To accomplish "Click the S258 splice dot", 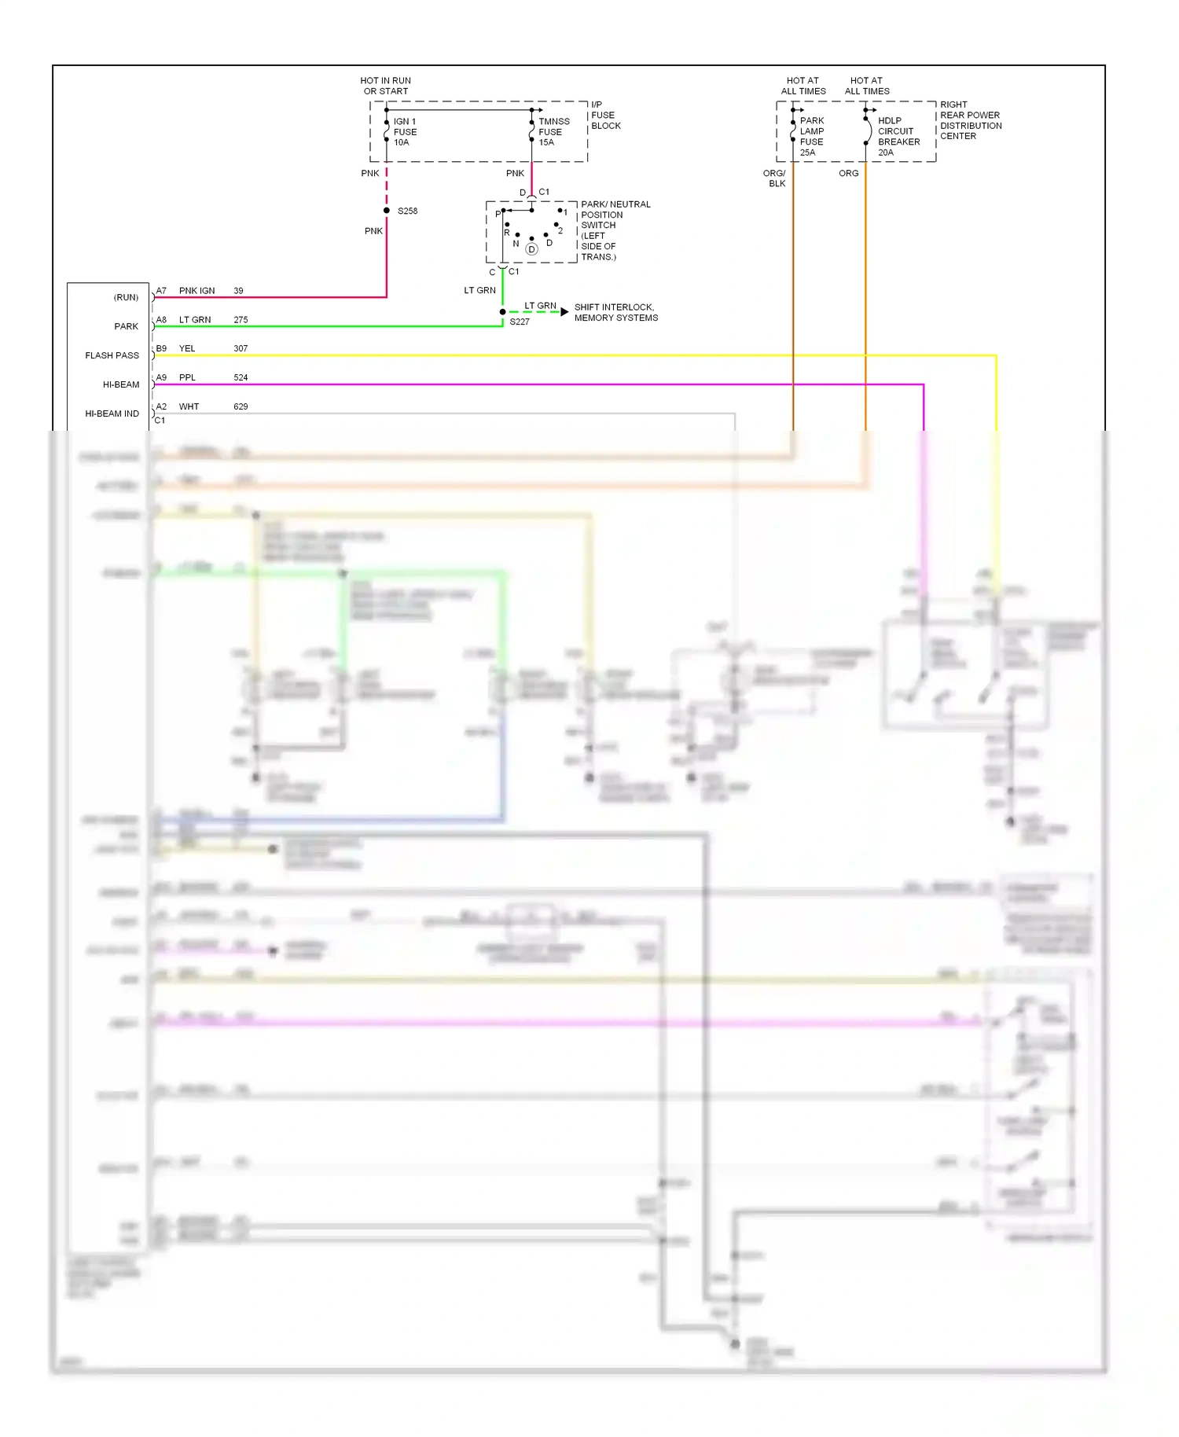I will pos(387,211).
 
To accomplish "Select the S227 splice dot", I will pos(503,312).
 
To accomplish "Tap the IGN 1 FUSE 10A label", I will pos(405,132).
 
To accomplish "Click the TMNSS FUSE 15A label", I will pos(553,132).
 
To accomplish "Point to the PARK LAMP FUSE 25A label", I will pos(811,137).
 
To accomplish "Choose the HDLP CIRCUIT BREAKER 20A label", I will pos(898,137).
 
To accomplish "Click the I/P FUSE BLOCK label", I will pos(605,116).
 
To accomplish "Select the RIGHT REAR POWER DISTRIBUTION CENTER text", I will pos(970,120).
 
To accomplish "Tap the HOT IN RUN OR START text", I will pos(385,86).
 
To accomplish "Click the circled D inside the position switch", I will pos(531,249).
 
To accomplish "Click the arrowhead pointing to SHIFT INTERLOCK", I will pos(564,312).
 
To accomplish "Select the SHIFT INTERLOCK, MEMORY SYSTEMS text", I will pos(615,313).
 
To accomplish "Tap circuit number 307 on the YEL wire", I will pos(241,348).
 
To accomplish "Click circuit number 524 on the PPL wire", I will pos(241,377).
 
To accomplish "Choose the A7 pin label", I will pos(161,291).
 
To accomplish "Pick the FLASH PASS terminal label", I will pos(112,355).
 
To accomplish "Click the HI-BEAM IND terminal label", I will pos(112,413).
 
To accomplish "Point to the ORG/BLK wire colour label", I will pos(775,178).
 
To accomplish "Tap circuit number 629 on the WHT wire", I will pos(241,406).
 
